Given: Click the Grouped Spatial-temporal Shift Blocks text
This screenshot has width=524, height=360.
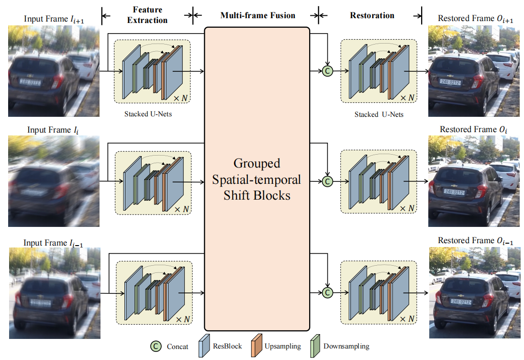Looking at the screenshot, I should [x=257, y=180].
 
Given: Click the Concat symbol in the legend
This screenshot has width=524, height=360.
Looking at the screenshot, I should [x=156, y=346].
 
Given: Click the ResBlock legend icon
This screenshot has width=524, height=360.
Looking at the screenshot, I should [x=204, y=345].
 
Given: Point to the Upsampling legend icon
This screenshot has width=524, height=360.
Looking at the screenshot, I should [x=256, y=345].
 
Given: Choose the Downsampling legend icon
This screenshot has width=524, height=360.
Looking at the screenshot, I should [x=315, y=345].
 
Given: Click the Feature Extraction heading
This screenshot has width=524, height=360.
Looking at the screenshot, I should [x=147, y=15].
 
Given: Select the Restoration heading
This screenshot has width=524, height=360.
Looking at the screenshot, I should [x=372, y=15].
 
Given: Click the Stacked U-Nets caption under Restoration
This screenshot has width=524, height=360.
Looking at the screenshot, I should [x=379, y=114].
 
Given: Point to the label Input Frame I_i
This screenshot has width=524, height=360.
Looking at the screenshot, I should [x=53, y=130].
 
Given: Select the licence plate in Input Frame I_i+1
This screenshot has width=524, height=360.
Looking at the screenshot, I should [x=31, y=82].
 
